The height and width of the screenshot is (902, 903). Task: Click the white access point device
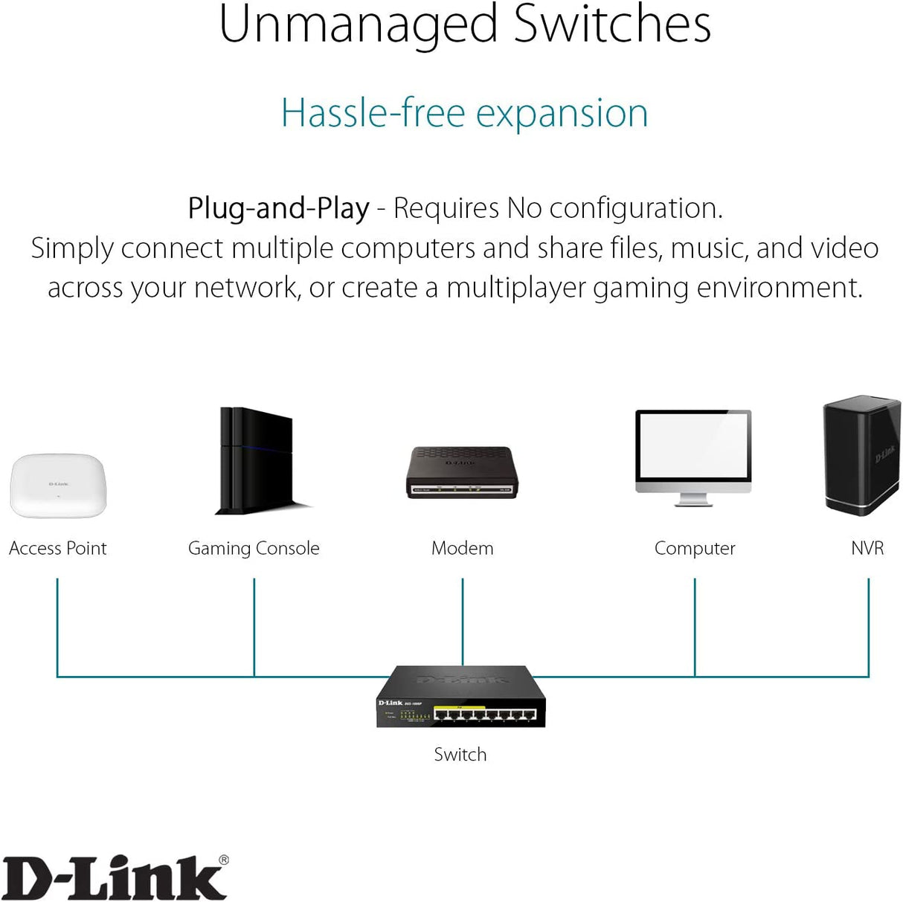click(x=58, y=486)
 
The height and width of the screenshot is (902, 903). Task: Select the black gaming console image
click(x=257, y=461)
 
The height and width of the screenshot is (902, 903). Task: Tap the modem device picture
click(x=461, y=472)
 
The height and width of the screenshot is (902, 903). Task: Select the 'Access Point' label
click(x=58, y=549)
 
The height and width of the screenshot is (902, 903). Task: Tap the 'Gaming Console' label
click(x=254, y=549)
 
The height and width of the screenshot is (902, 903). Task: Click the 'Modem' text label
click(x=462, y=549)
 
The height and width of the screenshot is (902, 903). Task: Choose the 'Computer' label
click(x=695, y=549)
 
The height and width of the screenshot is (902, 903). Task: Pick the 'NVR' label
click(x=867, y=549)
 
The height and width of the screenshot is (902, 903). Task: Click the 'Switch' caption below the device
click(x=460, y=755)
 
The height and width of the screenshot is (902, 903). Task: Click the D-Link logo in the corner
click(x=113, y=878)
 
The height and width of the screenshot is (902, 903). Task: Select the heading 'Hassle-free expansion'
click(x=464, y=114)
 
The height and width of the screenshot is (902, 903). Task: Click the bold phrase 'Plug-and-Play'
click(x=278, y=209)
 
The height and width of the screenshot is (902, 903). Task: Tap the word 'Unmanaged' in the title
click(x=358, y=25)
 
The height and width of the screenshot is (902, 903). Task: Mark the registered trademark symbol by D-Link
click(x=224, y=860)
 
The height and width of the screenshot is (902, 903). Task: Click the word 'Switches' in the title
click(x=612, y=25)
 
